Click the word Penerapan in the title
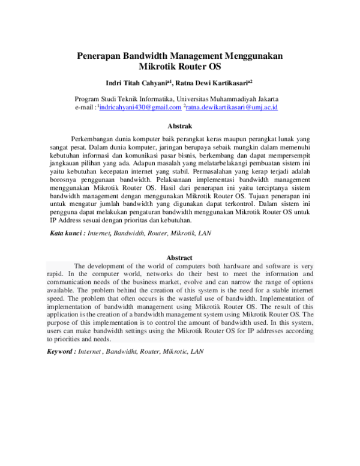tap(99, 56)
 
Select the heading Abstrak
tap(179, 126)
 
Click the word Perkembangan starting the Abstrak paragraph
tap(97, 138)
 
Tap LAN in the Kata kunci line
tap(204, 232)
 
